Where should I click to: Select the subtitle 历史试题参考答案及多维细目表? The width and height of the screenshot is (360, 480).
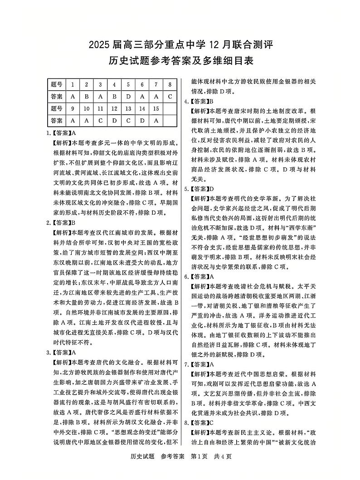(180, 61)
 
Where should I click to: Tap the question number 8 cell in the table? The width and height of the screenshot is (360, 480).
(169, 84)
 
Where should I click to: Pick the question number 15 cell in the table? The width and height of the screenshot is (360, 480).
(156, 108)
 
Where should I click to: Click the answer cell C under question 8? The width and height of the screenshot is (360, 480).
(169, 97)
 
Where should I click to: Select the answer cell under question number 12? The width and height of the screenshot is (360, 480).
(114, 121)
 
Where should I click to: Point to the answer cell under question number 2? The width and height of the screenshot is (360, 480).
(86, 97)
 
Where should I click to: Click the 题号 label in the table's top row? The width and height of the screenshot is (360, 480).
(56, 84)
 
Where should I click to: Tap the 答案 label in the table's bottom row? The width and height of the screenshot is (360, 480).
(56, 121)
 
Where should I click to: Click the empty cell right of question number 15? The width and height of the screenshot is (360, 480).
(169, 108)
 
